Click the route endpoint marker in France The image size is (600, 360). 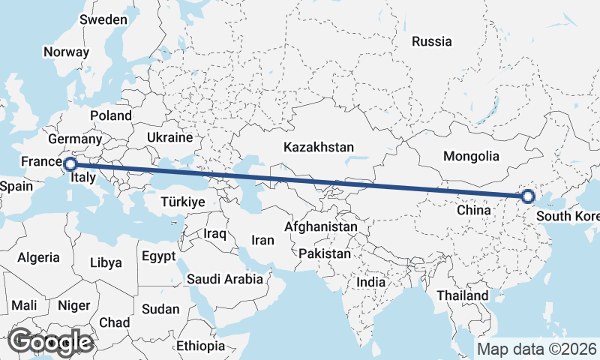click(x=70, y=163)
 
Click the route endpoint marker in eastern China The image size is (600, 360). click(x=528, y=196)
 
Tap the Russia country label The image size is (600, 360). click(x=432, y=42)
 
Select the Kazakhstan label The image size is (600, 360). click(x=318, y=147)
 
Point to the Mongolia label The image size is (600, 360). click(x=471, y=157)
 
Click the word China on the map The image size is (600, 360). click(x=473, y=211)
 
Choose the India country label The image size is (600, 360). click(x=370, y=283)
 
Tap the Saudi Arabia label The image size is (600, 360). click(x=225, y=279)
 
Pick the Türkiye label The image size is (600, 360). click(x=183, y=202)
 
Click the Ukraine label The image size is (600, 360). click(x=170, y=138)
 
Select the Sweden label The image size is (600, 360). click(x=103, y=19)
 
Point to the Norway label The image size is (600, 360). click(x=66, y=52)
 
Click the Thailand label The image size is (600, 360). click(x=463, y=295)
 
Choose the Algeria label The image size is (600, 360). click(x=38, y=257)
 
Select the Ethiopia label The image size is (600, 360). click(x=200, y=346)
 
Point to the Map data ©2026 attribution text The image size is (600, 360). click(x=537, y=349)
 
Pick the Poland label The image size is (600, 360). click(x=110, y=115)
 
